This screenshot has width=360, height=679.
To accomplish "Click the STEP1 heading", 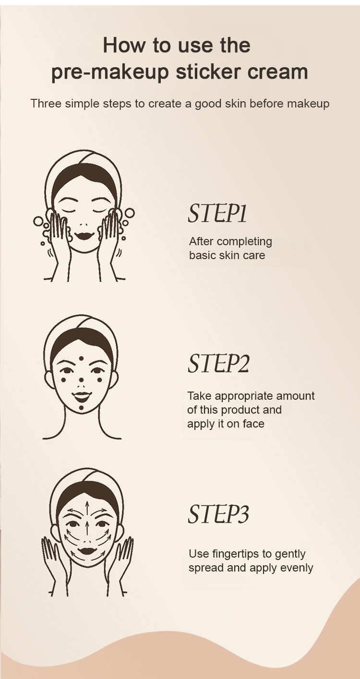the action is (217, 214).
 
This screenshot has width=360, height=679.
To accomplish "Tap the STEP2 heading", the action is (218, 363).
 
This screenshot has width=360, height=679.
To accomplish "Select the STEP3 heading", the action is (218, 514).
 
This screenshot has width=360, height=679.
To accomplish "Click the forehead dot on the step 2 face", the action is (81, 358).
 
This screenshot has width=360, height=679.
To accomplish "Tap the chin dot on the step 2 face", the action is (81, 408).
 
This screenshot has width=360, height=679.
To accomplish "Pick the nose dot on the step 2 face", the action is (81, 380).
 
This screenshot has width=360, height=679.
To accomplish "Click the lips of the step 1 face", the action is (84, 235).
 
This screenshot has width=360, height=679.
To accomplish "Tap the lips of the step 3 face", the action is (87, 550).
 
